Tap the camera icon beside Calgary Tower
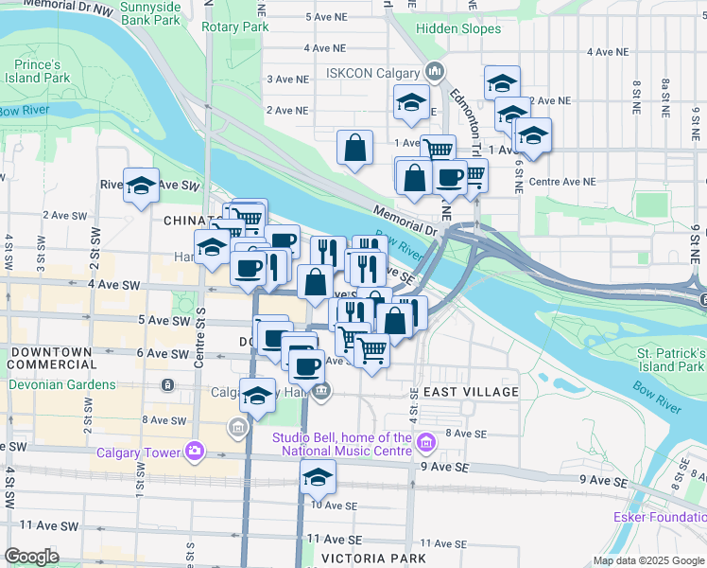[195, 451]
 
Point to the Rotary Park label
[235, 27]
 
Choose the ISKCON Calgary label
[372, 72]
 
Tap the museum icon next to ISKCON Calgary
[434, 71]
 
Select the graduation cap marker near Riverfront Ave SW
[141, 186]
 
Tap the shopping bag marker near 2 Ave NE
[354, 147]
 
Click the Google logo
[31, 557]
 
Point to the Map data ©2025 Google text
[647, 561]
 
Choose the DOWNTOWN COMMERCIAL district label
[52, 359]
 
